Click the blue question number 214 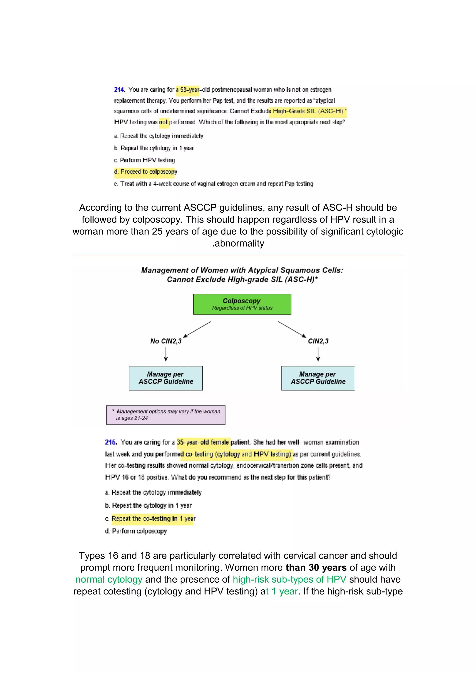(119, 90)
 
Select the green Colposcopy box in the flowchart (242, 304)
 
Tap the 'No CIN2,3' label (166, 341)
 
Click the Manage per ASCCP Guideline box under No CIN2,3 (166, 378)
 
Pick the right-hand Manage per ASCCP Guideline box (318, 378)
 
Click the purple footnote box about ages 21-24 (166, 415)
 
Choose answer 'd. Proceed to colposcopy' (146, 172)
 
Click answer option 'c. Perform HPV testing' (145, 160)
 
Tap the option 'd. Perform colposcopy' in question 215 (136, 531)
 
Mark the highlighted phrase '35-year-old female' (203, 442)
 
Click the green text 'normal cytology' (109, 580)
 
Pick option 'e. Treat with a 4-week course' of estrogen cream (213, 184)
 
